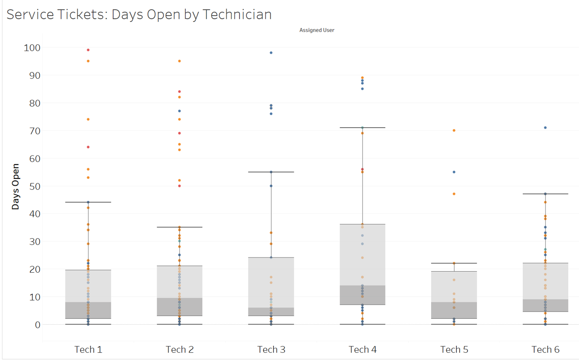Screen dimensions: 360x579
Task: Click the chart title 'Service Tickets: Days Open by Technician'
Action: (139, 14)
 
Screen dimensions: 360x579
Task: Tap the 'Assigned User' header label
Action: (317, 30)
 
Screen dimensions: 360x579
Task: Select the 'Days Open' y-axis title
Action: (16, 187)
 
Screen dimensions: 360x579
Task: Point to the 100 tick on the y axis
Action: (32, 48)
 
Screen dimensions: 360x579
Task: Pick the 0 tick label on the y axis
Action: (38, 325)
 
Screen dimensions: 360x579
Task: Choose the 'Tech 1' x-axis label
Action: (88, 349)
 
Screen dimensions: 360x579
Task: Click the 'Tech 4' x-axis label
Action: (363, 349)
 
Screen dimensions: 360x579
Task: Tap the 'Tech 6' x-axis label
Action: (545, 349)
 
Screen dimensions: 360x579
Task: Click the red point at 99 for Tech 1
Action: (88, 50)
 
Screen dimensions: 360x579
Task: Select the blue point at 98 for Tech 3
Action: (271, 53)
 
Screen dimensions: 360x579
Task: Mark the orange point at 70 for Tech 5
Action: (454, 130)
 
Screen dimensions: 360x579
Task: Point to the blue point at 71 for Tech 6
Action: (545, 128)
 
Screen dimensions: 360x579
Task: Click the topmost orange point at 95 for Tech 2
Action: (179, 61)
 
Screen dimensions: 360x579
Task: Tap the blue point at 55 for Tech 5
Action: (454, 172)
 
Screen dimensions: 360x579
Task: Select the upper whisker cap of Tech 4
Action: (363, 128)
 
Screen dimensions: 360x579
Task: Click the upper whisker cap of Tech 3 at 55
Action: (271, 172)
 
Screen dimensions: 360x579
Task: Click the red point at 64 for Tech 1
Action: (88, 147)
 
